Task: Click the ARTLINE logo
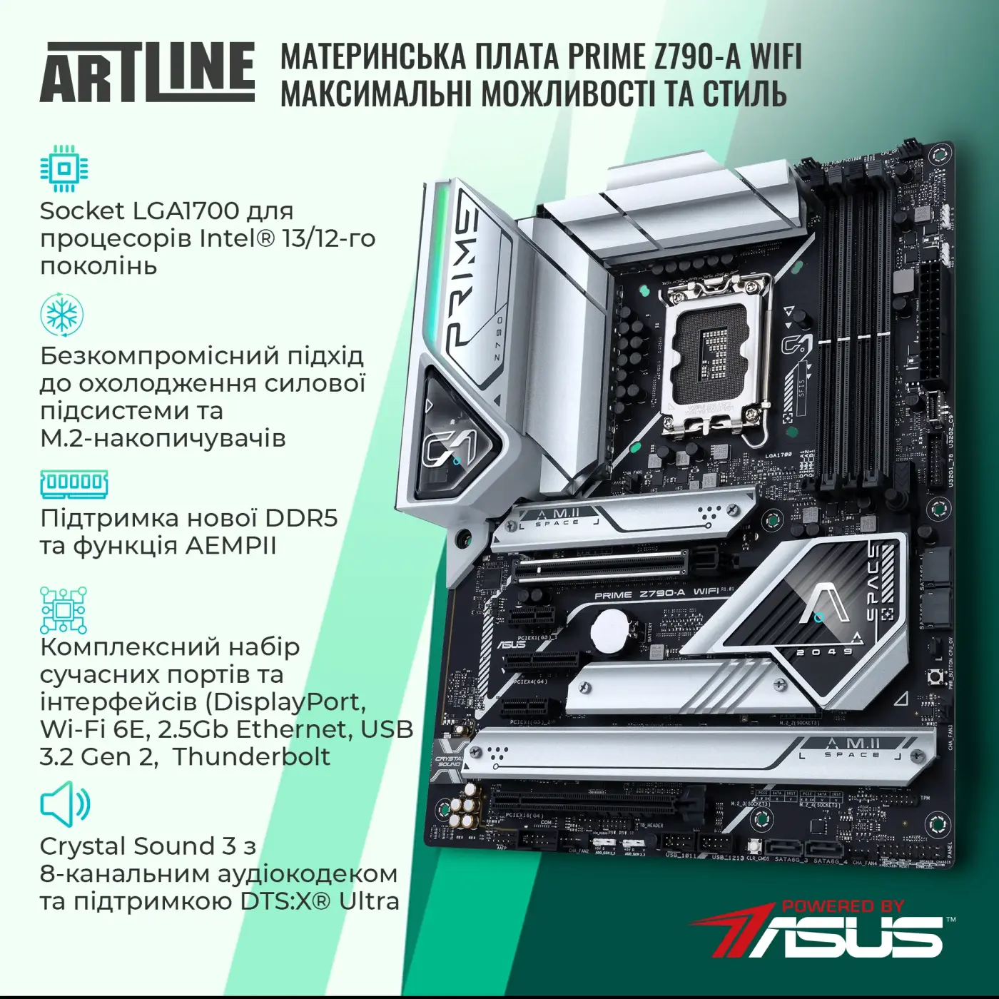(x=147, y=73)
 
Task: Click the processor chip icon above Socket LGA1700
(x=64, y=169)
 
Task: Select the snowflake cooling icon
(x=62, y=314)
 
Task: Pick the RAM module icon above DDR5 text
(x=74, y=483)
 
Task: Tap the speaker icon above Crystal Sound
(x=65, y=804)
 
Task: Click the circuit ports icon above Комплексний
(x=64, y=610)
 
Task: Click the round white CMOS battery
(x=609, y=630)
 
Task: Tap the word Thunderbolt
(x=252, y=756)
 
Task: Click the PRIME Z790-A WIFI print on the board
(x=656, y=593)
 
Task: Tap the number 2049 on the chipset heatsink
(x=824, y=651)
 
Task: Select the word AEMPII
(x=230, y=545)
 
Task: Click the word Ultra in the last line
(x=369, y=901)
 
